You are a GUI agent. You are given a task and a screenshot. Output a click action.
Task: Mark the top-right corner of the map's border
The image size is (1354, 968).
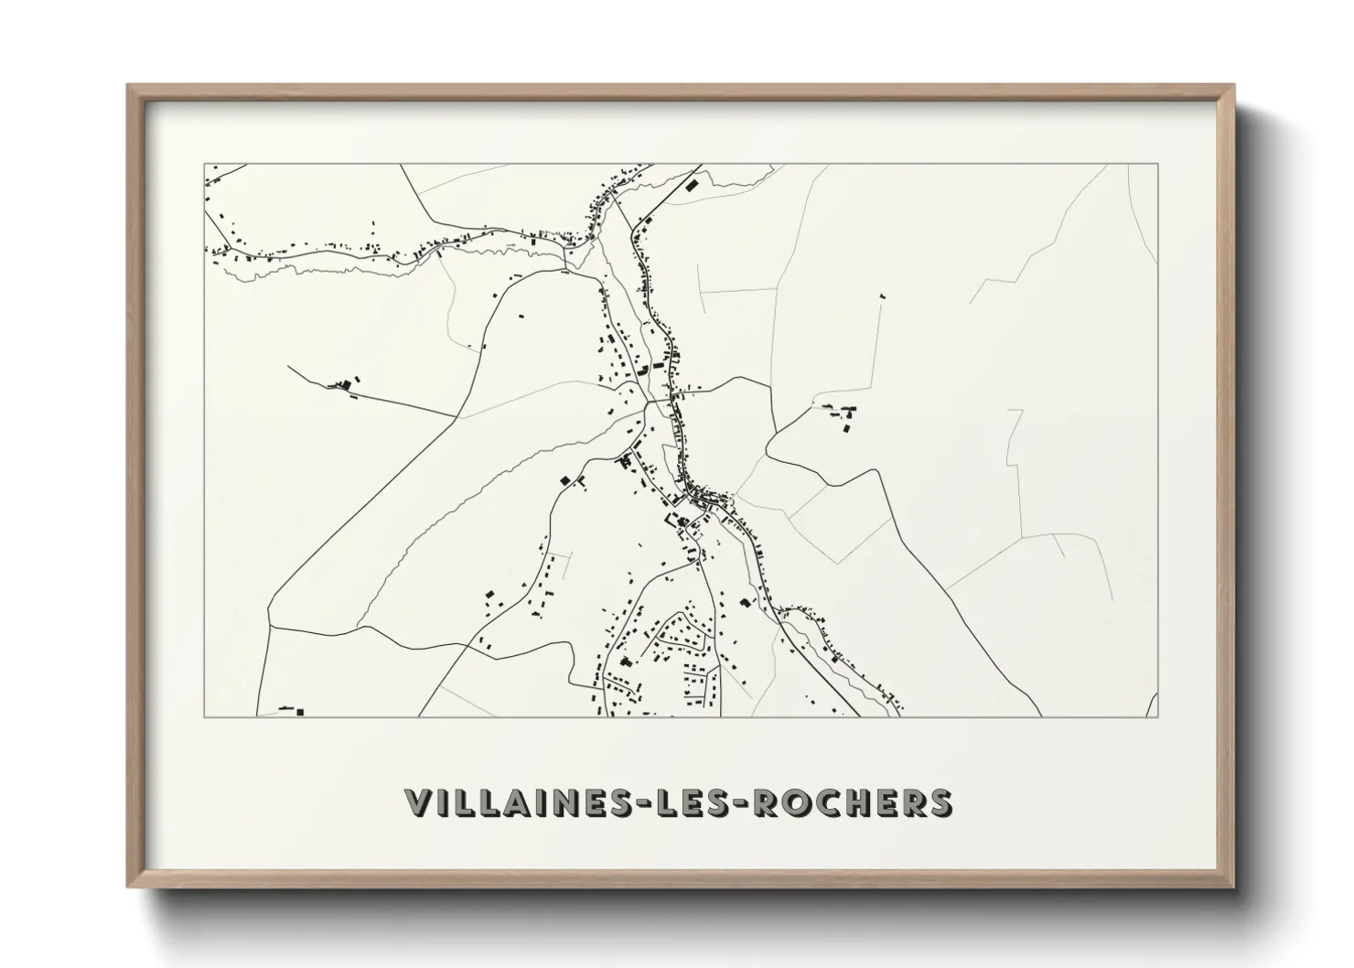pos(1157,164)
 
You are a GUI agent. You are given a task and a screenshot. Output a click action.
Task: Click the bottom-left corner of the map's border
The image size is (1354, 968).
pos(204,716)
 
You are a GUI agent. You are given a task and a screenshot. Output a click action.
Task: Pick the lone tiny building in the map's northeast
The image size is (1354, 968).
pos(883,296)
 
